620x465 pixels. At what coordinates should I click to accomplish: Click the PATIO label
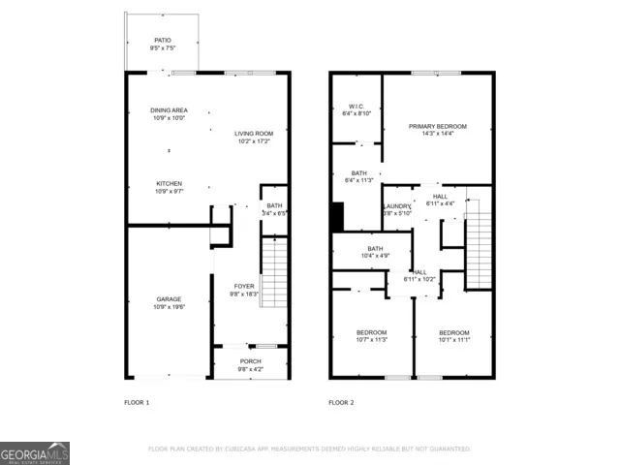click(162, 40)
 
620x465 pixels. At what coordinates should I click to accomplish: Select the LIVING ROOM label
click(254, 134)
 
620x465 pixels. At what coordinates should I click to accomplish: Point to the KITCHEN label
click(170, 184)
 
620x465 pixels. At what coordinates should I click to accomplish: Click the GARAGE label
click(169, 299)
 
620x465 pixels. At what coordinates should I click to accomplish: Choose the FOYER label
click(242, 287)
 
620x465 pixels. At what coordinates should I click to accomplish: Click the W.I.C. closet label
click(356, 107)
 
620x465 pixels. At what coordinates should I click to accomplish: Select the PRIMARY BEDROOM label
click(437, 127)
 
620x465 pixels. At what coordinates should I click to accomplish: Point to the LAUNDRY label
click(397, 206)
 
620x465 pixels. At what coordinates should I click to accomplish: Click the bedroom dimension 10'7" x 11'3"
click(372, 340)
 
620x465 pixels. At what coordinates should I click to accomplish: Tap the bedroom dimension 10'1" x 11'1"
click(453, 340)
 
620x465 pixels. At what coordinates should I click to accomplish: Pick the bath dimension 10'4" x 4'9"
click(375, 256)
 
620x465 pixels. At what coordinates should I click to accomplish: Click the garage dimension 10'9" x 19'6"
click(169, 307)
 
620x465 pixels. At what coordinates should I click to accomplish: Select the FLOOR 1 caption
click(137, 402)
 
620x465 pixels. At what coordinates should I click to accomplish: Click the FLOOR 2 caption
click(341, 402)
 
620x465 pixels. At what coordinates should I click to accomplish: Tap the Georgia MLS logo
click(35, 453)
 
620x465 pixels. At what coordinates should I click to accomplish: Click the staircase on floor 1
click(274, 271)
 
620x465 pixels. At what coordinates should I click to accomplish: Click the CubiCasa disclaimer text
click(309, 449)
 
